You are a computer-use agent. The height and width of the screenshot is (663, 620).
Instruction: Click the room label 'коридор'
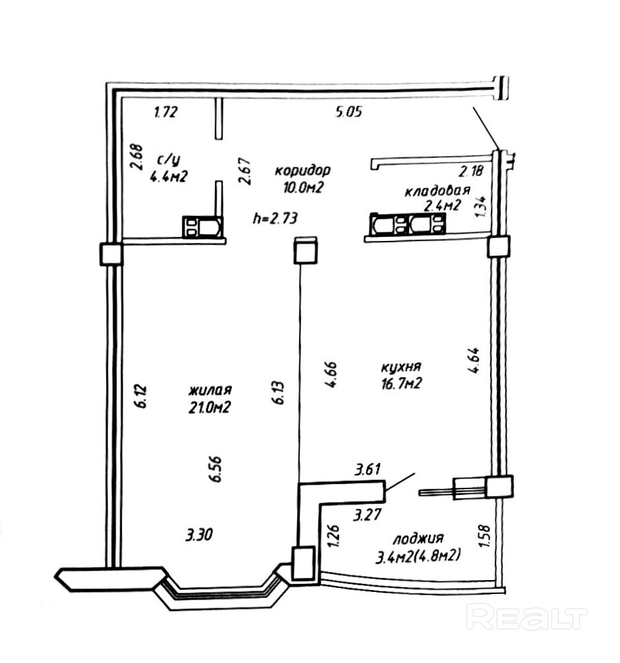tap(302, 170)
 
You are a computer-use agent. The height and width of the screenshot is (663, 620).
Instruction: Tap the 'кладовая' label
tap(437, 192)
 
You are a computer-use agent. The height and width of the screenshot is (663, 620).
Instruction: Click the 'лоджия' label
tap(417, 538)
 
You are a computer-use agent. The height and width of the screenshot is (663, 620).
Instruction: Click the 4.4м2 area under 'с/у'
tap(168, 176)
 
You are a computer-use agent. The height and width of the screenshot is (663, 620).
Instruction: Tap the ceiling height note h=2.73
tap(275, 218)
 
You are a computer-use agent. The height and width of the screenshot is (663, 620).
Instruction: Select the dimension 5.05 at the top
tap(349, 113)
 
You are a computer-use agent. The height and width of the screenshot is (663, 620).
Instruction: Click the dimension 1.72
tap(165, 113)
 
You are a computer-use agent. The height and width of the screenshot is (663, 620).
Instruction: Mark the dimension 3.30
tap(198, 535)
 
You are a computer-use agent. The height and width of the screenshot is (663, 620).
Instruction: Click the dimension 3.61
tap(368, 469)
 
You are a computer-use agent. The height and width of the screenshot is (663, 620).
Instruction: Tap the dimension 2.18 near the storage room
tap(471, 172)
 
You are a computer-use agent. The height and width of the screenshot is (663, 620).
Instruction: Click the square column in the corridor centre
tap(306, 251)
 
